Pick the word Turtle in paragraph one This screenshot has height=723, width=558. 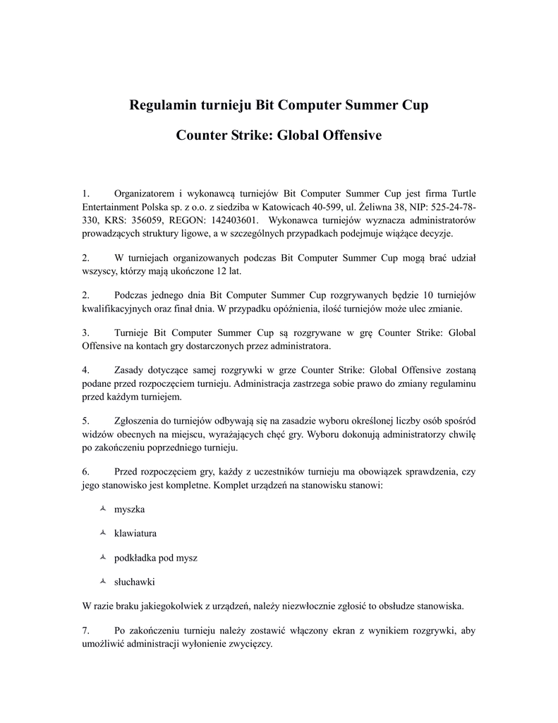point(460,193)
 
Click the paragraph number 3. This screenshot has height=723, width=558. point(85,333)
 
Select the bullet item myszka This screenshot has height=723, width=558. point(129,509)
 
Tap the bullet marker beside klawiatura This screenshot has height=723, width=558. point(103,533)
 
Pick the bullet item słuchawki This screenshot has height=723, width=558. point(134,582)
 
